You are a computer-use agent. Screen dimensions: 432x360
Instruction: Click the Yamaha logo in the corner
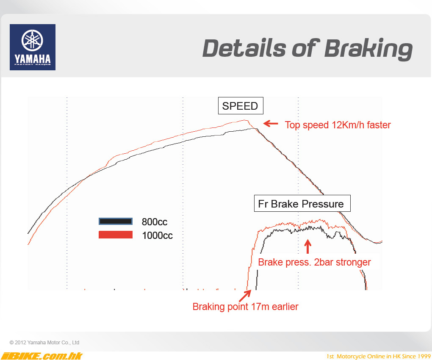click(33, 47)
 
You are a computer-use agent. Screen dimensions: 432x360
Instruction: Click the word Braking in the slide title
click(368, 49)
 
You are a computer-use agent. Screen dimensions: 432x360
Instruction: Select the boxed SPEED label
click(241, 106)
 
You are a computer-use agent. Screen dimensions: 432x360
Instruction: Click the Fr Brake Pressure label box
click(302, 203)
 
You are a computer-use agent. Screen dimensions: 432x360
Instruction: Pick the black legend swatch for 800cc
click(116, 221)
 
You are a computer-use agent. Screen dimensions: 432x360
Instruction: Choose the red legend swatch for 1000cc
click(116, 235)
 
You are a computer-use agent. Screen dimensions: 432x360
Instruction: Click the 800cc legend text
click(155, 222)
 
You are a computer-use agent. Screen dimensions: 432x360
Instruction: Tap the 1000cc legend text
click(157, 235)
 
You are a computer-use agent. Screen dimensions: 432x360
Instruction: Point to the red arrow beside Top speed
click(271, 123)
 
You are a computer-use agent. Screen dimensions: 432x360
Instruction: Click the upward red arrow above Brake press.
click(308, 246)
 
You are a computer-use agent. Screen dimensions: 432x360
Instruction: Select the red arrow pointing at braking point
click(245, 296)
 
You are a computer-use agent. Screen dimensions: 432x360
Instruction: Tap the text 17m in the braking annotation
click(261, 307)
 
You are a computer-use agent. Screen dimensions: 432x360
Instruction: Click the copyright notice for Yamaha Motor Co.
click(44, 342)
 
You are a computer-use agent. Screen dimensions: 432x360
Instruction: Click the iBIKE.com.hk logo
click(42, 356)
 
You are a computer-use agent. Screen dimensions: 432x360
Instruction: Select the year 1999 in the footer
click(424, 357)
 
